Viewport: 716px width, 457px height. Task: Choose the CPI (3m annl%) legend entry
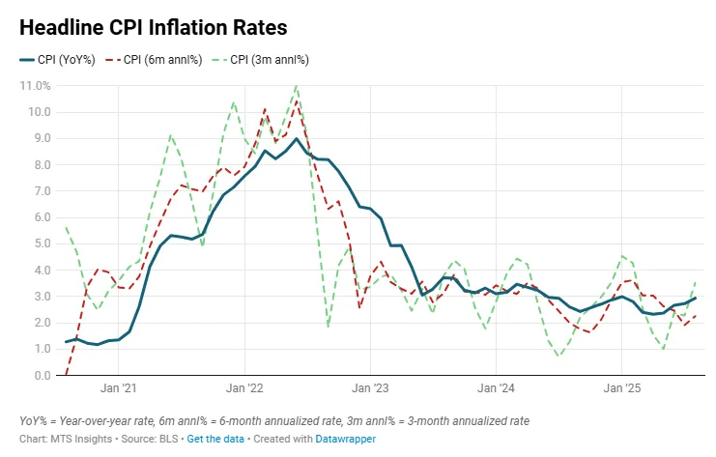tap(268, 60)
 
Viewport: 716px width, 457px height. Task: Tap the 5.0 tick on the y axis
tap(40, 243)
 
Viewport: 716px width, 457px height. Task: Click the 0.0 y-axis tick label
tap(40, 376)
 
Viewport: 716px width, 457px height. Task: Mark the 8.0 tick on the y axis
tap(40, 165)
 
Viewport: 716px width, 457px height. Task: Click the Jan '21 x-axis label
tap(117, 389)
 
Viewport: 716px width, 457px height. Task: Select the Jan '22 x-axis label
tap(243, 389)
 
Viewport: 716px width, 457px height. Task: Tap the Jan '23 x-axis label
tap(369, 389)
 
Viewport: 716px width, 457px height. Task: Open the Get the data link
tap(216, 439)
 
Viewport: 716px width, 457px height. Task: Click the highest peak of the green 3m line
tap(296, 87)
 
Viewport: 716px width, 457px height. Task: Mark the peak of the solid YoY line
tap(297, 138)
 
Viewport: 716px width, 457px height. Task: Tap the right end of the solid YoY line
tap(696, 299)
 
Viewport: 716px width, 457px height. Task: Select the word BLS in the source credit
tap(167, 439)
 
